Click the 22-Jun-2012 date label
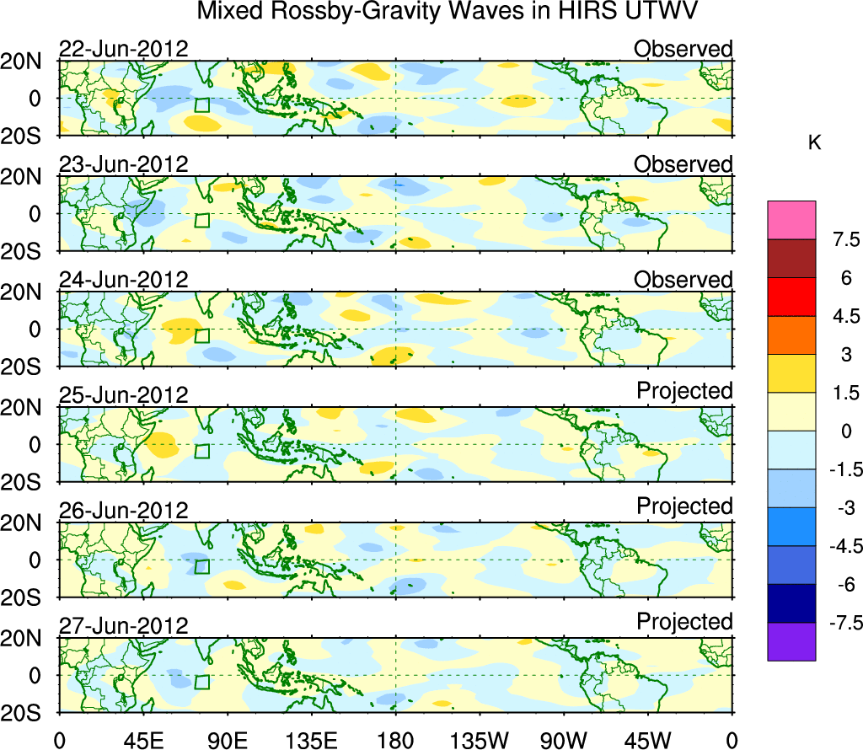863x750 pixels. click(123, 48)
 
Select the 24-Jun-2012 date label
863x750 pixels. click(123, 279)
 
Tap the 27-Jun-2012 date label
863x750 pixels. click(123, 625)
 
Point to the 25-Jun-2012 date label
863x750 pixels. click(123, 394)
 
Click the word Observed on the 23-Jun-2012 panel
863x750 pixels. click(683, 164)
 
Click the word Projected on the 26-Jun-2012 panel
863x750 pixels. click(684, 506)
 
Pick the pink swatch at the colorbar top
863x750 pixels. click(791, 220)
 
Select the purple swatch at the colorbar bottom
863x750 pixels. click(791, 641)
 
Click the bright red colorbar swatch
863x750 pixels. click(791, 297)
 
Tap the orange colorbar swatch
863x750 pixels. click(791, 335)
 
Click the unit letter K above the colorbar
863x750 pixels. click(815, 143)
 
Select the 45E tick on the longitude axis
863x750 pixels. click(142, 739)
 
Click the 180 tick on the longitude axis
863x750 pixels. click(394, 739)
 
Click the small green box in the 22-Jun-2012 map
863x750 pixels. click(201, 104)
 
